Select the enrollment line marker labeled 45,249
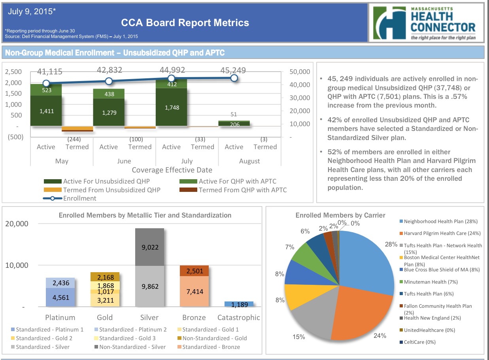coord(234,78)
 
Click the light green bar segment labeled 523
coord(46,90)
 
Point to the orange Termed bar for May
coord(77,129)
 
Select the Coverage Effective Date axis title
coord(172,170)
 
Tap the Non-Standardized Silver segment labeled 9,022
coord(149,247)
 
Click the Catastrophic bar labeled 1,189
coord(239,304)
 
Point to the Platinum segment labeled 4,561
coord(60,297)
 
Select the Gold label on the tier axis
coord(105,317)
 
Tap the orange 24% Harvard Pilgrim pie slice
coord(358,313)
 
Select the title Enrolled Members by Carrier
coord(340,215)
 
